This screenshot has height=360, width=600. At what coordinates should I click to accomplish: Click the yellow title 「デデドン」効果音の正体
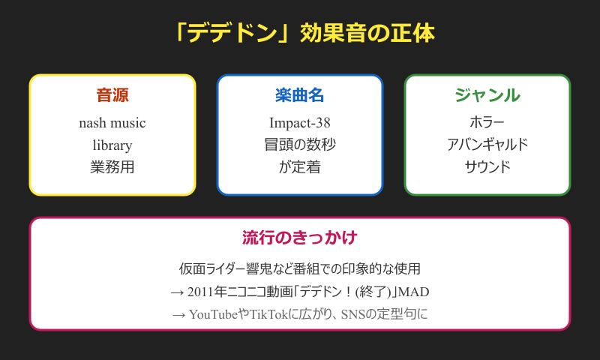305,33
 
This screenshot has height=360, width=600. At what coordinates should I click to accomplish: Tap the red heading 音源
112,95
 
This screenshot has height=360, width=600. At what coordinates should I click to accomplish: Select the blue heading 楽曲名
299,95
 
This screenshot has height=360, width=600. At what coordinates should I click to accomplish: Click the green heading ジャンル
487,95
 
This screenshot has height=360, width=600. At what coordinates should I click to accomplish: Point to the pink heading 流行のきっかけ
299,238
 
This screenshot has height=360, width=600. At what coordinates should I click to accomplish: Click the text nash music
112,123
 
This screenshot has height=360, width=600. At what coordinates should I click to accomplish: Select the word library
112,145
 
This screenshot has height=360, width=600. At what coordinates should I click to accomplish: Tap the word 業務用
112,167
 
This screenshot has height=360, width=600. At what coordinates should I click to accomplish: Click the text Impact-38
299,123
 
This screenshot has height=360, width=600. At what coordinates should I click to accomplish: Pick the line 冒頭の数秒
299,145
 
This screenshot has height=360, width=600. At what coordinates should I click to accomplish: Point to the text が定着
299,167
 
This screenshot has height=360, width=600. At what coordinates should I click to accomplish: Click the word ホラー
487,122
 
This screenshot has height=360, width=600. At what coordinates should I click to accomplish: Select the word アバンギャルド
487,145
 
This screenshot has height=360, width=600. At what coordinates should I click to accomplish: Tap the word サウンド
487,167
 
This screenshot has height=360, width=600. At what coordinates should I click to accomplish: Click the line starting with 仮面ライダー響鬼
299,268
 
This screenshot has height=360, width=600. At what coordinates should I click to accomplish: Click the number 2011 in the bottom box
200,292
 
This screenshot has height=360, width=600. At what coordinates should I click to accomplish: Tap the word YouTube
214,314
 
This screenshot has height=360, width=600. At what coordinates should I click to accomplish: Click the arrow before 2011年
177,292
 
